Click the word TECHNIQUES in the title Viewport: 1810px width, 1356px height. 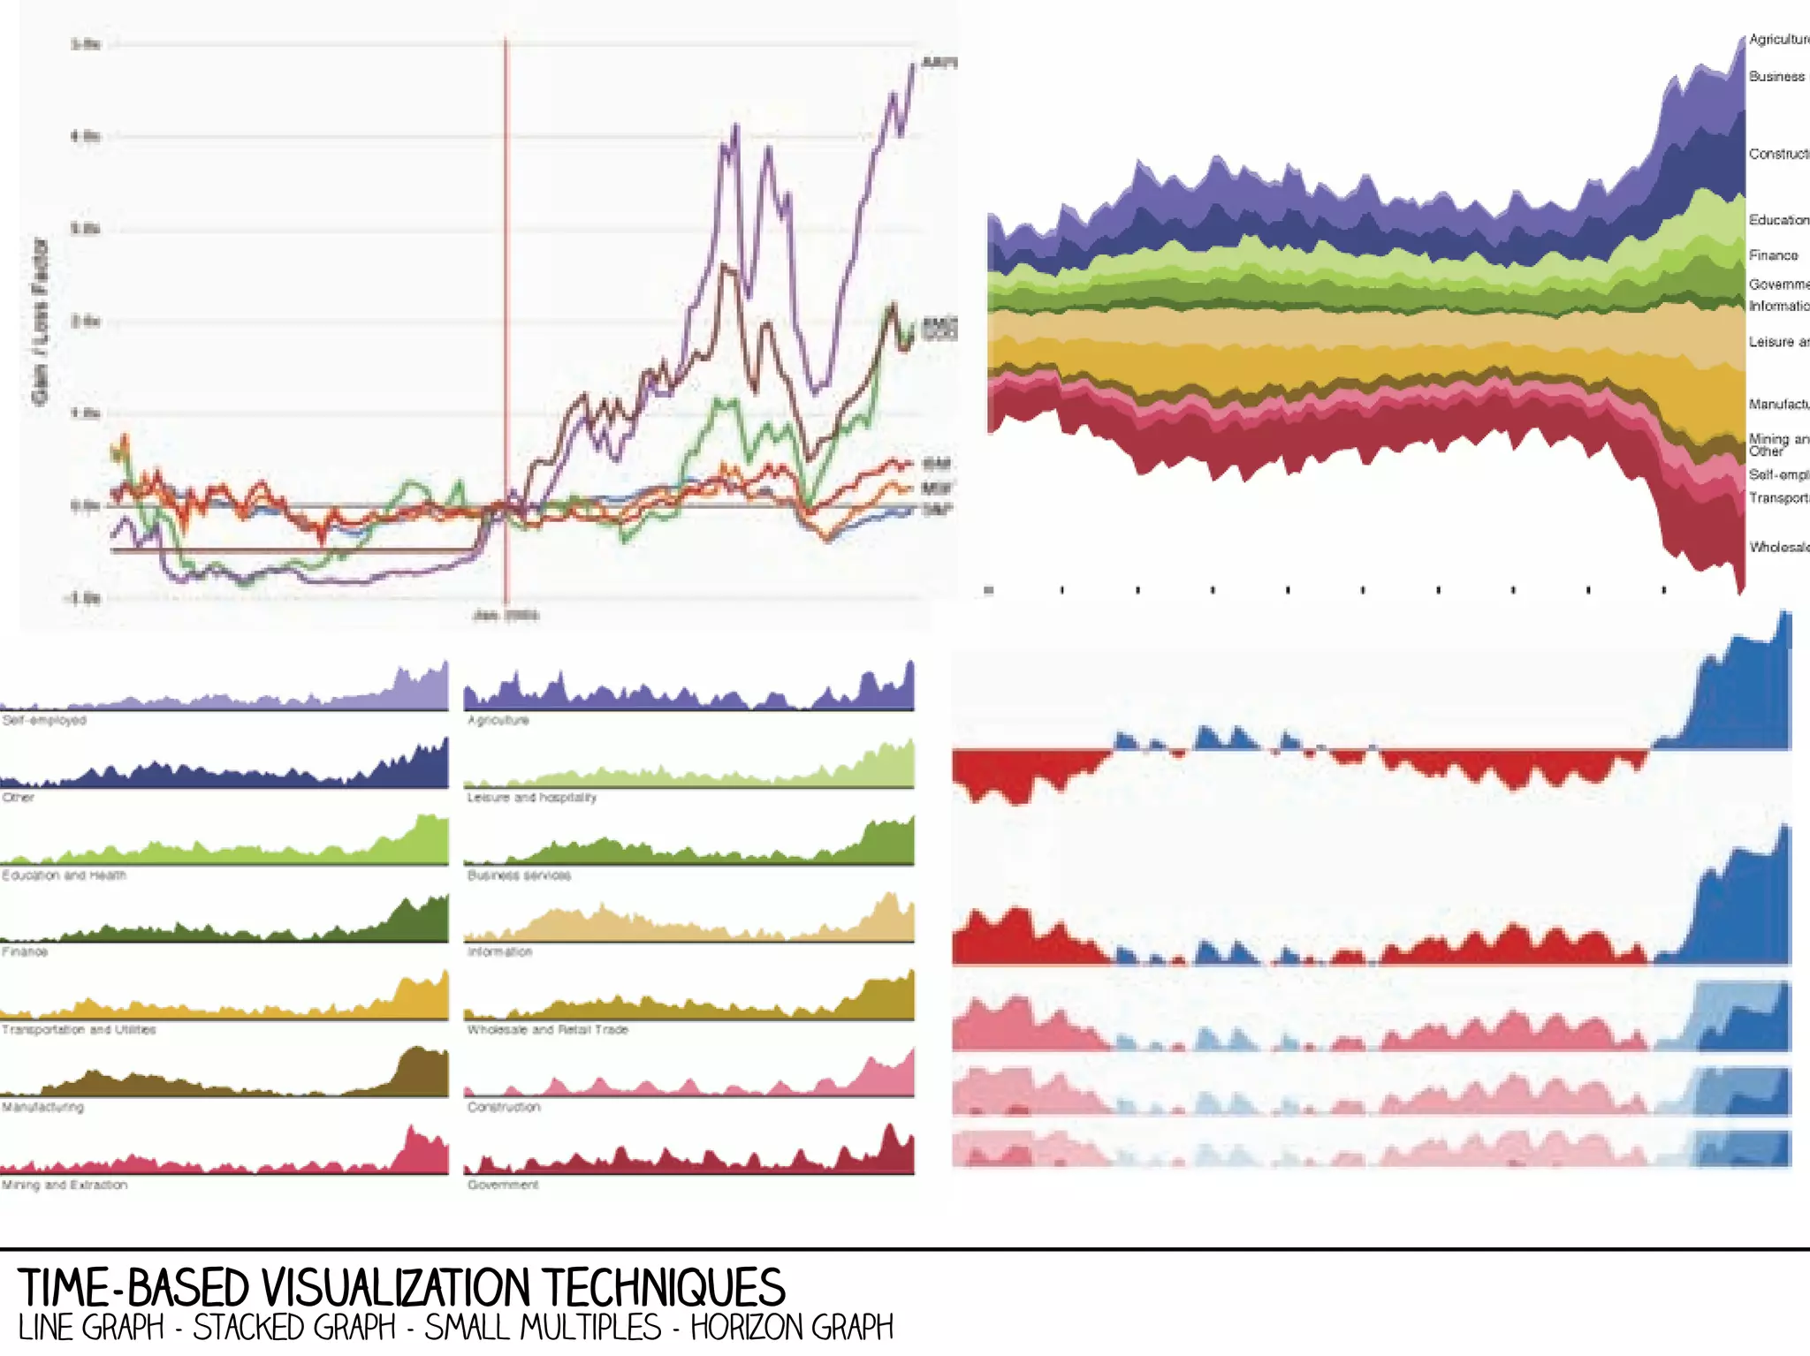(663, 1287)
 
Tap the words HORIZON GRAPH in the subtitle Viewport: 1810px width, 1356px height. (792, 1328)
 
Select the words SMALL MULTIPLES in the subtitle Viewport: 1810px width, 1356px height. (543, 1328)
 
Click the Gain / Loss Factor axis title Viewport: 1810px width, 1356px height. (40, 321)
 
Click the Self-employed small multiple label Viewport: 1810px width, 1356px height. (44, 720)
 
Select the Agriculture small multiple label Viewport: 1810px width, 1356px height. (498, 720)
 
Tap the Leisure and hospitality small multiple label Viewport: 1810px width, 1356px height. (532, 797)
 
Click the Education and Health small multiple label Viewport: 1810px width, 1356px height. (64, 875)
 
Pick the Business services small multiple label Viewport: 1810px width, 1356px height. (520, 875)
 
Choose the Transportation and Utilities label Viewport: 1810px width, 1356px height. (79, 1029)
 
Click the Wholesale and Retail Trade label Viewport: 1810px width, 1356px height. (548, 1029)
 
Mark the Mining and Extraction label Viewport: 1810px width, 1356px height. (65, 1185)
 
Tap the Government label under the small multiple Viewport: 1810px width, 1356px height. (503, 1185)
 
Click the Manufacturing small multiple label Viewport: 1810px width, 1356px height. (42, 1107)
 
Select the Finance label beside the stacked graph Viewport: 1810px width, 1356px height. (1773, 255)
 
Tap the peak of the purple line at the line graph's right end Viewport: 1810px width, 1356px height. (914, 64)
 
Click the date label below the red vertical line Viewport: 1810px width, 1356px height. (506, 615)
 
